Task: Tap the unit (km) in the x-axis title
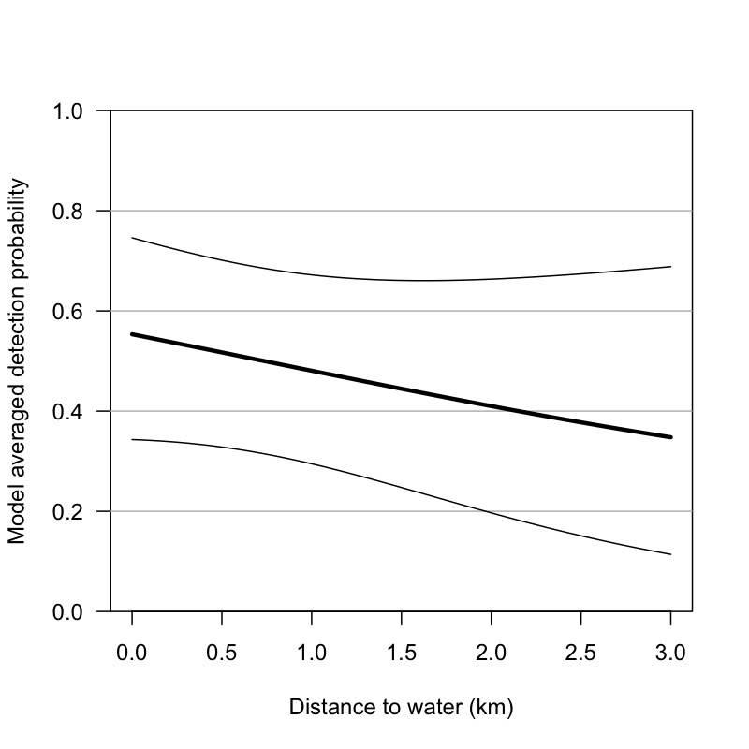(x=493, y=708)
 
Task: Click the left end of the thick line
(x=132, y=334)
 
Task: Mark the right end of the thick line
(x=671, y=437)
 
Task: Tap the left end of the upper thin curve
(x=132, y=238)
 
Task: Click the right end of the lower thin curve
(x=671, y=554)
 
